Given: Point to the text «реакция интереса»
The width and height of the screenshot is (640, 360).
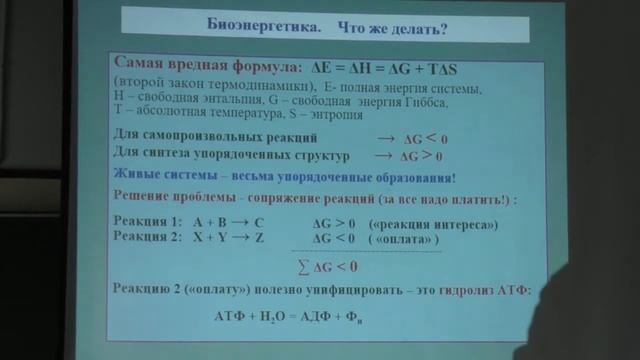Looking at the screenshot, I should click(433, 224).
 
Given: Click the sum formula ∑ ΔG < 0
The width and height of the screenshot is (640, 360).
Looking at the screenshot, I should click(330, 267).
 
